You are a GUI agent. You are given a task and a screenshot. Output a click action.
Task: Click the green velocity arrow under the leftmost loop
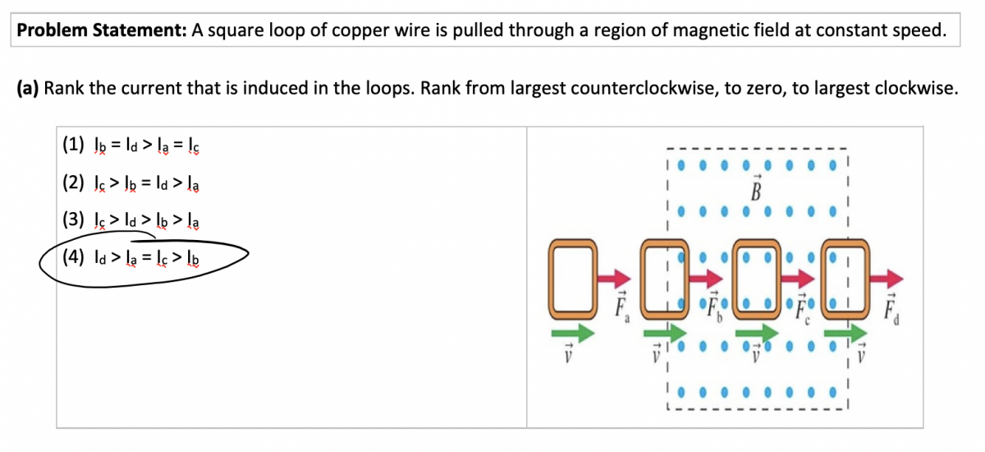pyautogui.click(x=572, y=332)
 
